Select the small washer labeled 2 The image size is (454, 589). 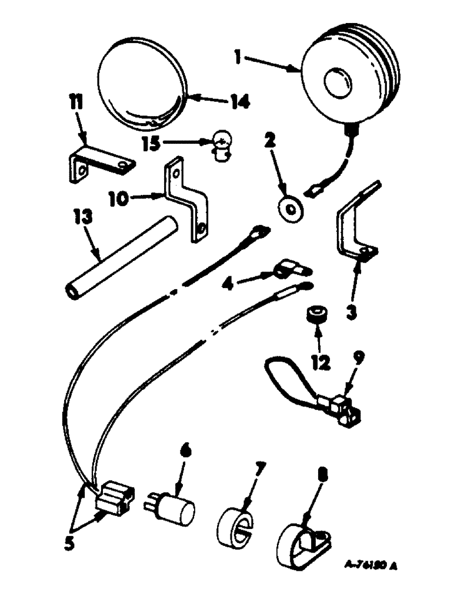tap(289, 207)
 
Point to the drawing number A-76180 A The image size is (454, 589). tap(370, 566)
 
